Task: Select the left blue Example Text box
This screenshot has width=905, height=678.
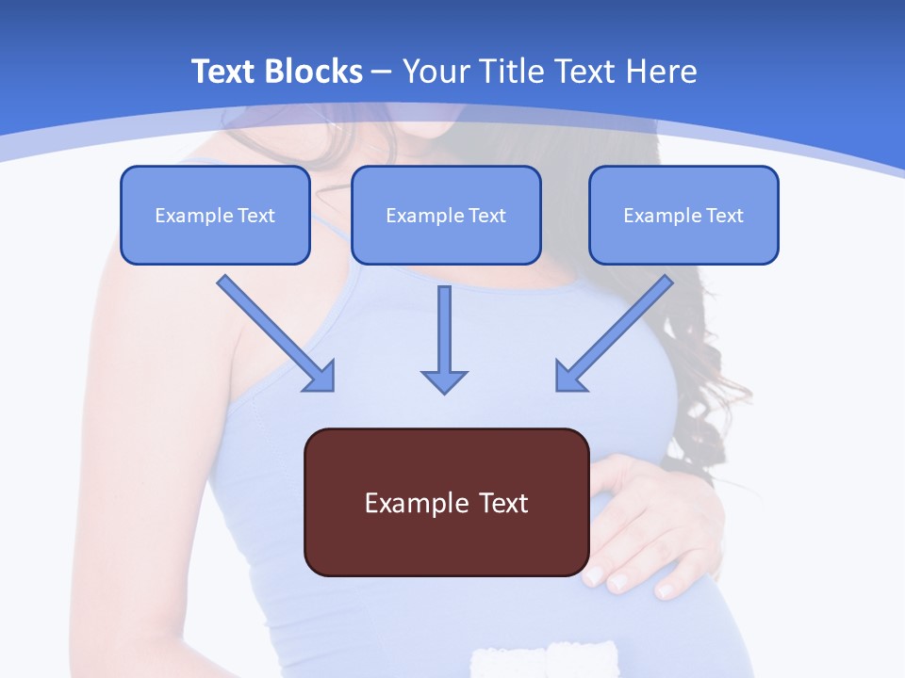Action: click(215, 216)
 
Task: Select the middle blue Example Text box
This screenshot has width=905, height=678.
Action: click(446, 216)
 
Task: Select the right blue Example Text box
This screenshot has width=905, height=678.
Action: click(683, 216)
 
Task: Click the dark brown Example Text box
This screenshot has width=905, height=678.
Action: click(446, 502)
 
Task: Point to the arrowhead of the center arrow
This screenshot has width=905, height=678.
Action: click(444, 380)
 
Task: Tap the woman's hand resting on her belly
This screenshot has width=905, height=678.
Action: click(650, 527)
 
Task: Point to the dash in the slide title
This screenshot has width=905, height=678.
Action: click(382, 72)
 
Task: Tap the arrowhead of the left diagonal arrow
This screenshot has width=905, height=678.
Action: click(321, 377)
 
